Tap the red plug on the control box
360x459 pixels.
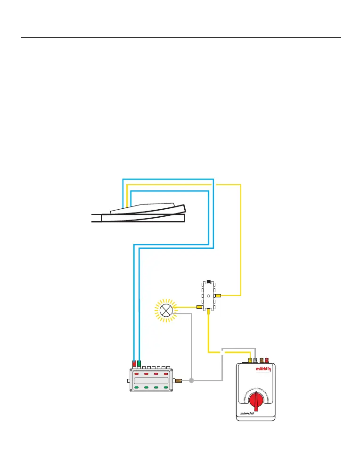(134, 364)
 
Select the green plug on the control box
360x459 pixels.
(139, 364)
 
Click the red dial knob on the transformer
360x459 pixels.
(256, 401)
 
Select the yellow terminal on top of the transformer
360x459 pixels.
(250, 361)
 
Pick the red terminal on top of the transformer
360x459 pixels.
(266, 361)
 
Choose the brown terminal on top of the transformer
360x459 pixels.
(261, 361)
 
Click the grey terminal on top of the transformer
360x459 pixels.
(255, 361)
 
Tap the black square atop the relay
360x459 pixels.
(208, 281)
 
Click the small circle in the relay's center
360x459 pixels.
(208, 296)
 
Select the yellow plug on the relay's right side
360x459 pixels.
(218, 295)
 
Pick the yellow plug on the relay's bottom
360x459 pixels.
(208, 311)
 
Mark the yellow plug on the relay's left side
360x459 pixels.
(199, 307)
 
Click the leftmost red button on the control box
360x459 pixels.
(137, 374)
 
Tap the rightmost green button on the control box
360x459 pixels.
(165, 387)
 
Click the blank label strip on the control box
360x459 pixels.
(151, 381)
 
